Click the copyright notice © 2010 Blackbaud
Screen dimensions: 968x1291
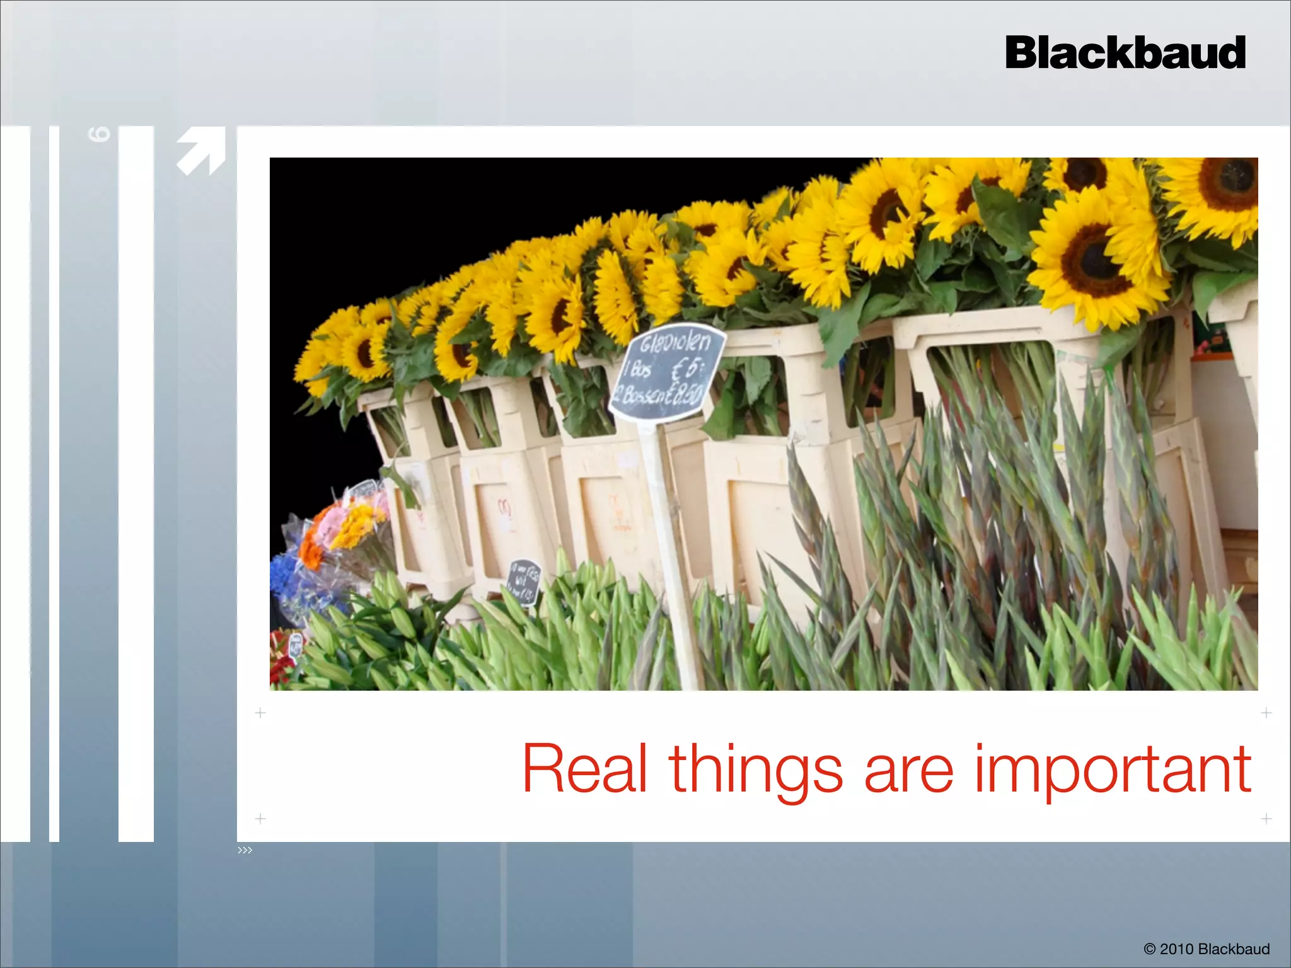(x=1207, y=948)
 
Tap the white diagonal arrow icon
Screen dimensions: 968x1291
(x=201, y=151)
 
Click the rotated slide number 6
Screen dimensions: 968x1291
(x=100, y=134)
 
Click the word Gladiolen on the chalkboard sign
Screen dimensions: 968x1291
(x=674, y=343)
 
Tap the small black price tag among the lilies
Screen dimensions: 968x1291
(x=523, y=580)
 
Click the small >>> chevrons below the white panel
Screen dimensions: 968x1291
(x=245, y=850)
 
